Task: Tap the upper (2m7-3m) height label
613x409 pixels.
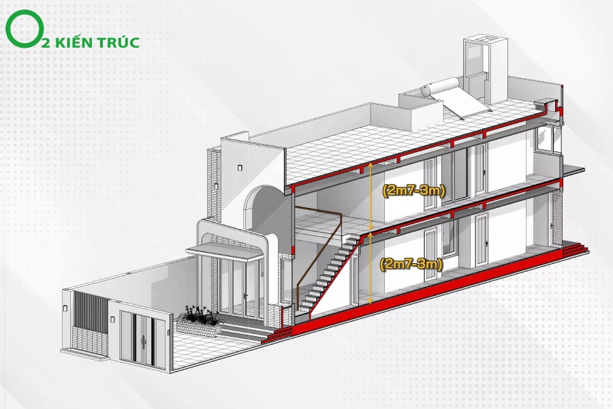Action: [x=413, y=190]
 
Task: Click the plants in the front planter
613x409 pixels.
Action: [x=199, y=315]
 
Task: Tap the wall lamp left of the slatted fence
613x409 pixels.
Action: [x=66, y=308]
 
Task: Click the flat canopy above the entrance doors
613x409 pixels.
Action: [x=225, y=252]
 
